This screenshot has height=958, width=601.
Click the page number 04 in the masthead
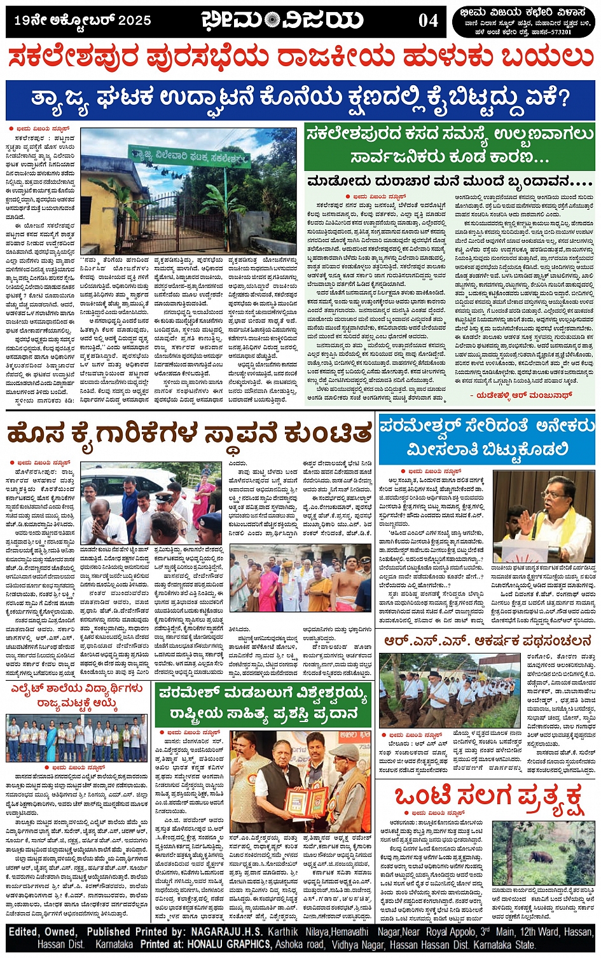tap(427, 21)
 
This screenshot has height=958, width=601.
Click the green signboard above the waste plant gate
tap(190, 155)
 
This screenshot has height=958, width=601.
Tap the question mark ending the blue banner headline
tap(560, 99)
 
